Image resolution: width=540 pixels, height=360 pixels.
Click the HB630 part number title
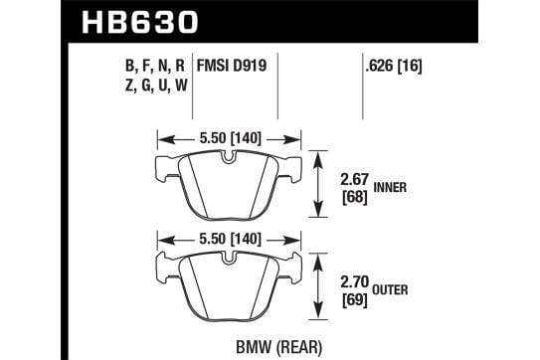click(140, 22)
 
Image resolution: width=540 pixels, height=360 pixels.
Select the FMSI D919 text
click(232, 65)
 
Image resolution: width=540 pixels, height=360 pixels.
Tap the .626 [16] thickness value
click(393, 65)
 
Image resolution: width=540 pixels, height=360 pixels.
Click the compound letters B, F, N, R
click(155, 66)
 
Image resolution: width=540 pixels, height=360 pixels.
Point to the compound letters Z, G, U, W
click(156, 86)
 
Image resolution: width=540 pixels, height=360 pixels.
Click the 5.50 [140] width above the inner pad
click(231, 138)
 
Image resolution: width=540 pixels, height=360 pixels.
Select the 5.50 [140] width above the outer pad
click(231, 239)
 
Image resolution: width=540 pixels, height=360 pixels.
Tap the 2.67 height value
click(355, 180)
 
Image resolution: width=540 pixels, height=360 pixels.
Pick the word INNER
click(390, 188)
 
